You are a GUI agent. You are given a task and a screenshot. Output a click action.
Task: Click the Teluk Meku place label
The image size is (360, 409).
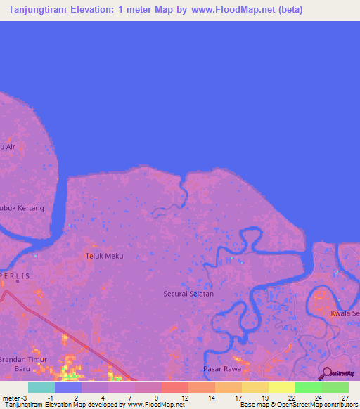point(104,256)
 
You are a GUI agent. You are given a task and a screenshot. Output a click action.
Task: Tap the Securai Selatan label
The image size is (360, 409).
point(188,294)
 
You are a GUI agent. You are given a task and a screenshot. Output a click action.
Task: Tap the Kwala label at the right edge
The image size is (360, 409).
point(345,313)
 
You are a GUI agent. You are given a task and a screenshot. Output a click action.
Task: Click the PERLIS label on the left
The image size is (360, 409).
point(16,276)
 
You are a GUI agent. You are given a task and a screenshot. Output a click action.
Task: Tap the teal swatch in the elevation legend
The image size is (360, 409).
point(41,387)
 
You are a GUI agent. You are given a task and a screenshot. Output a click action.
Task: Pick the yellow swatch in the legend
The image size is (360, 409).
point(281,387)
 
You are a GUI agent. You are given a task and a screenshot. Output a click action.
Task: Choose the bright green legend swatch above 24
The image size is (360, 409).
point(308,387)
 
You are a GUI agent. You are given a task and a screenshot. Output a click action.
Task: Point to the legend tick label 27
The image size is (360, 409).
point(345,398)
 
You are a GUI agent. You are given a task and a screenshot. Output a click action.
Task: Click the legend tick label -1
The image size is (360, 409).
point(50,398)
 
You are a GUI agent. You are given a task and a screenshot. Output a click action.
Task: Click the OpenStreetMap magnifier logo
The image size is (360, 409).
point(326,374)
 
